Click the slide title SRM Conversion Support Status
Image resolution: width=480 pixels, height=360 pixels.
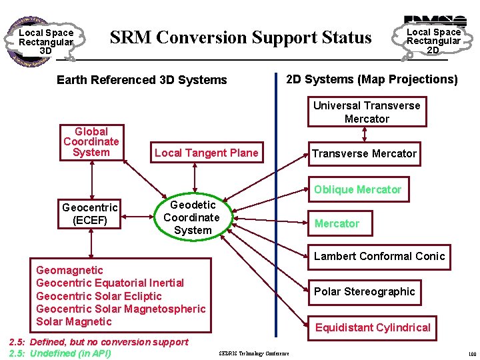coord(241,37)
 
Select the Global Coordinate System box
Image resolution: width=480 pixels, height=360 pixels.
coord(91,142)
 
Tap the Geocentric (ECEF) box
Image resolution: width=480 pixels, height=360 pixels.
coord(89,214)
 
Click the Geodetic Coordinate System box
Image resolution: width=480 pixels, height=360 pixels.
coord(193,217)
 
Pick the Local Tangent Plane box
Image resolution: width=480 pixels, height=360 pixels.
coord(206,153)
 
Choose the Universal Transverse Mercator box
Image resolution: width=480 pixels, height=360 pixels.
coord(367,112)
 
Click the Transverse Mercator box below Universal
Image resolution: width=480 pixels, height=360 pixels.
coord(364,153)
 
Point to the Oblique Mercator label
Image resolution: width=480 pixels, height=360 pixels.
coord(357,189)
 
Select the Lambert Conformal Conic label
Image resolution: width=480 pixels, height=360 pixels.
coord(379,256)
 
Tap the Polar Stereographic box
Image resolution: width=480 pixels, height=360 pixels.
coord(364,291)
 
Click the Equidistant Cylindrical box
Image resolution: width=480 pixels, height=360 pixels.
coord(373,327)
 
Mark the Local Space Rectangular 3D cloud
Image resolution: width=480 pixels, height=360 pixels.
coord(45,41)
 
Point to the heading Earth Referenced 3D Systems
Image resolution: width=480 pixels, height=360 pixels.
coord(142,80)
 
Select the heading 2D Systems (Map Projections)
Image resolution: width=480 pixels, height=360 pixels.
coord(371,79)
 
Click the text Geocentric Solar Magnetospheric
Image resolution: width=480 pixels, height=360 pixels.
coord(121,309)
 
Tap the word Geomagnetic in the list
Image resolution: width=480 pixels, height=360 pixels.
coord(69,270)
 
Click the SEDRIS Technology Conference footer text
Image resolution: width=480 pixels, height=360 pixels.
coord(254,353)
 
